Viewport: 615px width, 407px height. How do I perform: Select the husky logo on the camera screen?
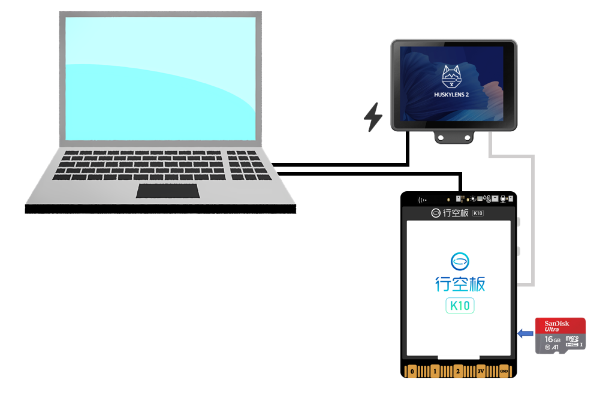click(x=453, y=76)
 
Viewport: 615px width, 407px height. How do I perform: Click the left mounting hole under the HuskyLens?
click(x=442, y=138)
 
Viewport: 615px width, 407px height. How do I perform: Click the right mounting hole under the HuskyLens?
click(x=466, y=138)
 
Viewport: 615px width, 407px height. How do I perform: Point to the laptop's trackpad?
click(x=168, y=191)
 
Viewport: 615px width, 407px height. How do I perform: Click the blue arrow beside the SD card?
click(x=526, y=334)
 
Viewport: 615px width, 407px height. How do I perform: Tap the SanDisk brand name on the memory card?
click(x=557, y=324)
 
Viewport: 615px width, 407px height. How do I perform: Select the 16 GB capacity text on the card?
click(x=552, y=339)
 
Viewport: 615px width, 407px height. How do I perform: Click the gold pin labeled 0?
click(x=411, y=371)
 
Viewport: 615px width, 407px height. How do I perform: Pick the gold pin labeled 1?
click(x=435, y=371)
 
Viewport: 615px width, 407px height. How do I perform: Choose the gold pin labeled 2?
click(x=458, y=371)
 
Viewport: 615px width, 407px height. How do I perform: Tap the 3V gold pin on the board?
click(x=481, y=371)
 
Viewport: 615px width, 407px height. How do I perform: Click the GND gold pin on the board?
click(x=504, y=371)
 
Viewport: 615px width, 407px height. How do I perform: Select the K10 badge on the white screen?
click(x=460, y=306)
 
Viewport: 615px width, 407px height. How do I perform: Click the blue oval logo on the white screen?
click(x=460, y=261)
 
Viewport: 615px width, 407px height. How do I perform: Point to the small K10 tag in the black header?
click(x=478, y=213)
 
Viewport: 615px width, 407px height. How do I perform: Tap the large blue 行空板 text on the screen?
click(x=460, y=284)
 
